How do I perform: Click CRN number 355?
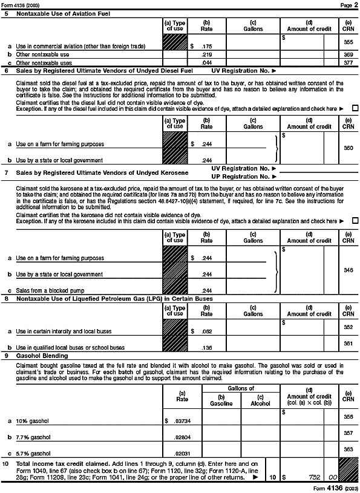[348, 42]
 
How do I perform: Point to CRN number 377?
[348, 62]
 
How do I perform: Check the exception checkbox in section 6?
[355, 108]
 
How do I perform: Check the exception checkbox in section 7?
[355, 221]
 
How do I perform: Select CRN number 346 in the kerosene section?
[348, 269]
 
